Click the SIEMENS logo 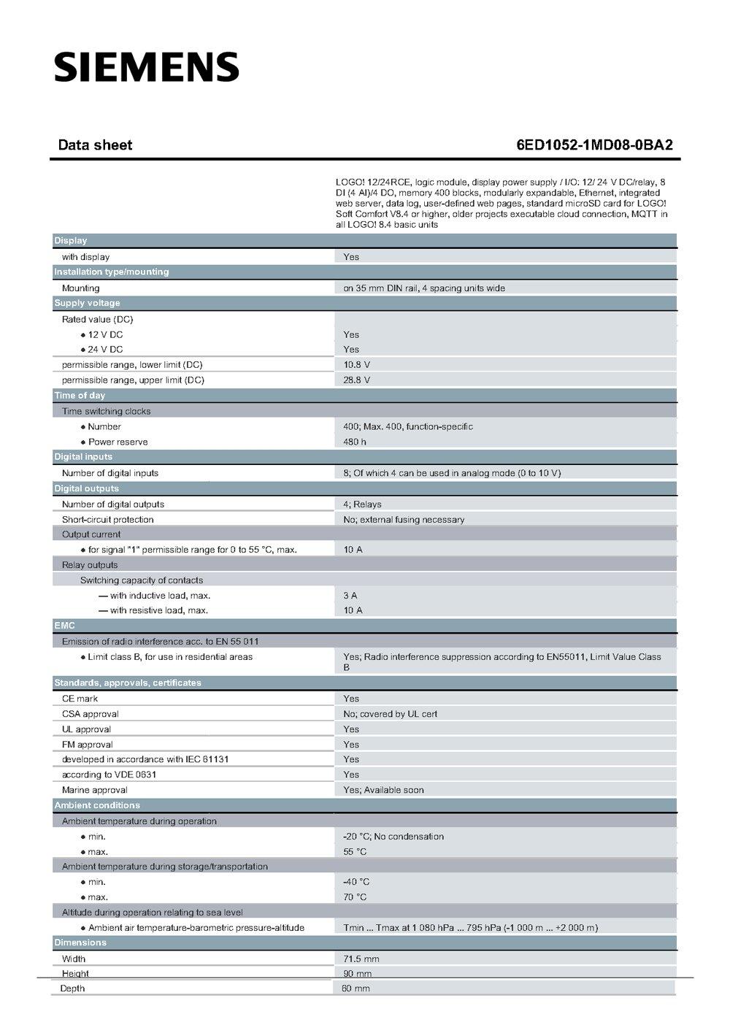click(x=146, y=67)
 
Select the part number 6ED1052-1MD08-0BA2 click(x=593, y=145)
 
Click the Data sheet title click(x=95, y=145)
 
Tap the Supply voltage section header click(x=87, y=303)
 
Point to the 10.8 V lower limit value click(x=356, y=364)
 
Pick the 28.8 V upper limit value click(x=356, y=380)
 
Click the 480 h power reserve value click(x=355, y=442)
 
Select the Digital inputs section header click(x=83, y=457)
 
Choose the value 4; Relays click(x=362, y=504)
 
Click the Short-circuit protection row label click(x=107, y=520)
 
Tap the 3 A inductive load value click(x=350, y=596)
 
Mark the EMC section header click(x=64, y=626)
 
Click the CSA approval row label click(x=90, y=714)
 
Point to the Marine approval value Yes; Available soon click(x=383, y=790)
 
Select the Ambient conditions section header click(x=97, y=805)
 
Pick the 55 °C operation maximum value click(x=355, y=852)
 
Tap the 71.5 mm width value click(x=361, y=959)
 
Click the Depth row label click(x=72, y=988)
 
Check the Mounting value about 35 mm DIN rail click(x=423, y=288)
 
